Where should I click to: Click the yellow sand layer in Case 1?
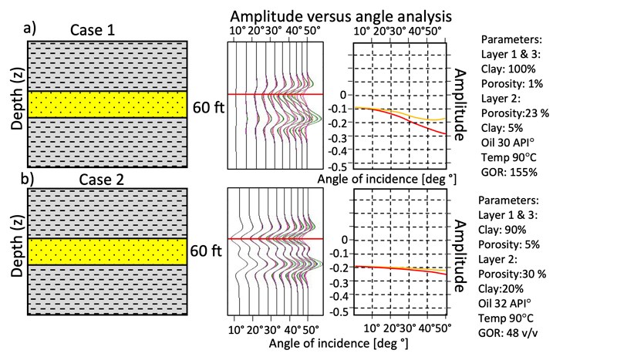coord(107,104)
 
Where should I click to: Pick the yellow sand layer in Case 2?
coord(107,251)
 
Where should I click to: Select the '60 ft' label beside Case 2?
coord(208,251)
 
